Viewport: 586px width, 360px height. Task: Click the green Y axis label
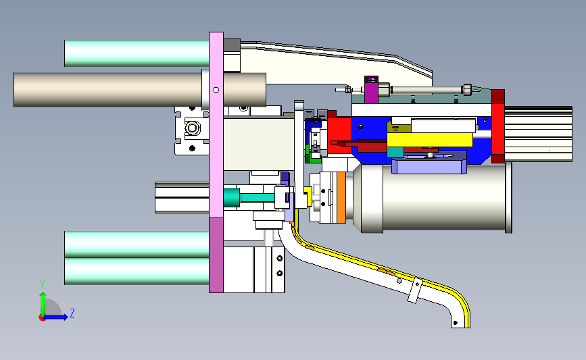tap(43, 284)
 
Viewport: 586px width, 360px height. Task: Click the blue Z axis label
tap(72, 313)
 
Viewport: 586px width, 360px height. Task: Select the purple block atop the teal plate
tap(371, 90)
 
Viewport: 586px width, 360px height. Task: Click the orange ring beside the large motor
tap(341, 197)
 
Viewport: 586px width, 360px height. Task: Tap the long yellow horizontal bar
tap(430, 140)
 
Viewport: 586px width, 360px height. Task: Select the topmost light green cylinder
tap(137, 53)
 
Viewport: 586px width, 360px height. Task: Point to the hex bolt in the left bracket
tap(193, 128)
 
